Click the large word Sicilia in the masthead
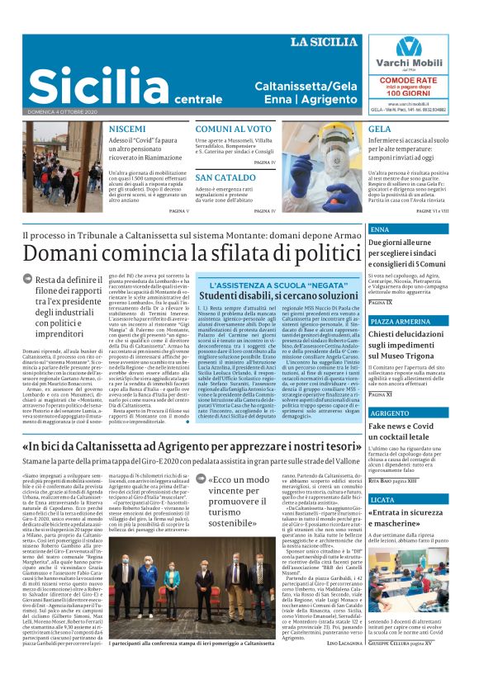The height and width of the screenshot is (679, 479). pos(88,84)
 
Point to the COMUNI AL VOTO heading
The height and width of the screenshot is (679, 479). pos(233,130)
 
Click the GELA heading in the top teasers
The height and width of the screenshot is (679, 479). pos(380,130)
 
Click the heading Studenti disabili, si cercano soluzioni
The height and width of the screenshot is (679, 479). pos(276,295)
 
